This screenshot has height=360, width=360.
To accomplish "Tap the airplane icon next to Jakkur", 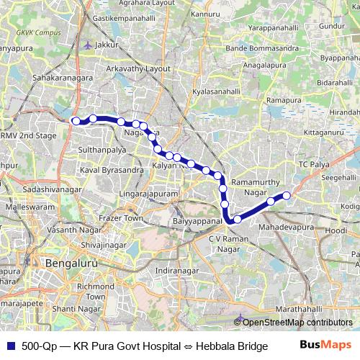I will point(88,45).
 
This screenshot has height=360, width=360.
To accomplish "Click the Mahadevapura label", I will point(287,226).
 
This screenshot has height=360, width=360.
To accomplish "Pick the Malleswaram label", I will point(25,207).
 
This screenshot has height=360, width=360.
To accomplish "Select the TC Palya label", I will point(313,166).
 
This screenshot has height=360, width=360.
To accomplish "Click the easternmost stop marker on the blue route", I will point(287,195).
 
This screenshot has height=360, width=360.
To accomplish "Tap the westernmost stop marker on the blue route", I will point(76,121).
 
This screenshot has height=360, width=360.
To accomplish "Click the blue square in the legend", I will point(11,346).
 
